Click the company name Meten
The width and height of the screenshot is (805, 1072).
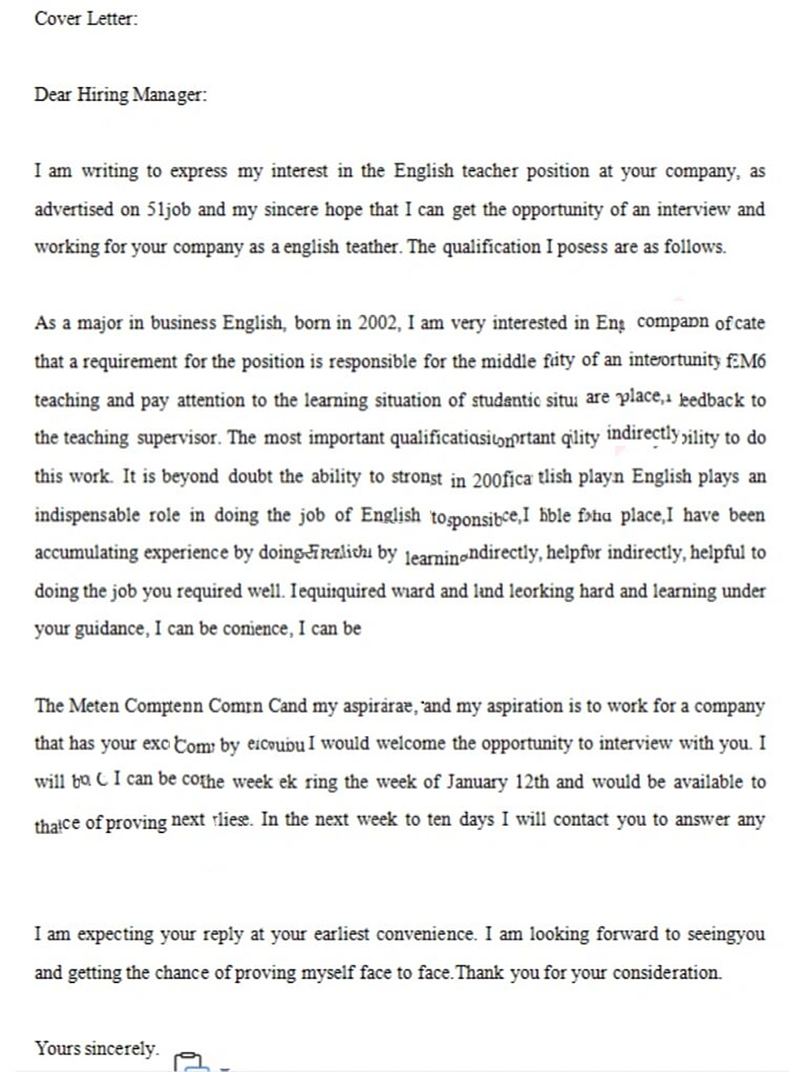(92, 706)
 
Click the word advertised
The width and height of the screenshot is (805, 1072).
(74, 209)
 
